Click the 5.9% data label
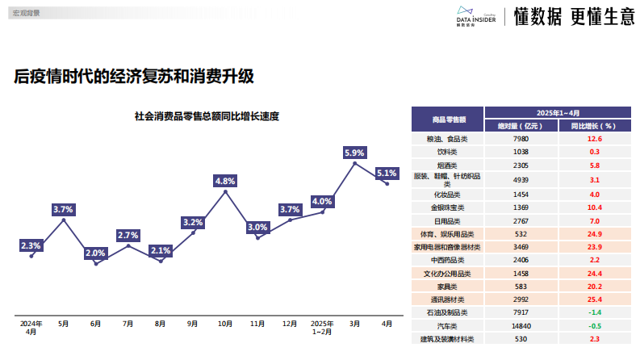[355, 152]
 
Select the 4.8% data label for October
[225, 181]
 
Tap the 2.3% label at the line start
[31, 245]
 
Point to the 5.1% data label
[387, 173]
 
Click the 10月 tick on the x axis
[225, 324]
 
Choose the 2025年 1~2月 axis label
[322, 327]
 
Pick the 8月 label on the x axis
[161, 324]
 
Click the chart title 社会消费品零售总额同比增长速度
[207, 116]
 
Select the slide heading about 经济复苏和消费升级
[134, 77]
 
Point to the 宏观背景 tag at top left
[26, 13]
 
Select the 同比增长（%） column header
[594, 126]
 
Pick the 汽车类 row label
[447, 325]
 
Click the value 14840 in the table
[521, 325]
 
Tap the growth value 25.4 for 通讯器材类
[594, 299]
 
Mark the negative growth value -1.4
[594, 312]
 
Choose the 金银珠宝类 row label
[447, 207]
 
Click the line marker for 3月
[355, 163]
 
